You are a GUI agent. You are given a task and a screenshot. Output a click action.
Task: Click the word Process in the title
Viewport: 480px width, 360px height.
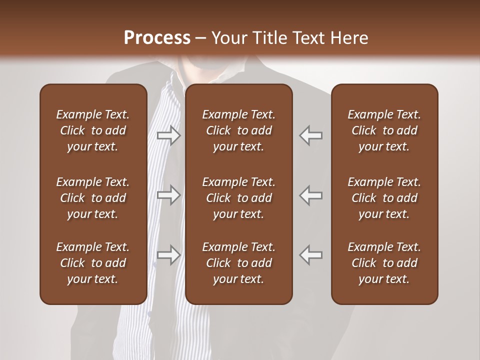157,38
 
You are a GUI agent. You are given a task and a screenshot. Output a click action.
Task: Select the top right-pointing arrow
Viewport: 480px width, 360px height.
168,135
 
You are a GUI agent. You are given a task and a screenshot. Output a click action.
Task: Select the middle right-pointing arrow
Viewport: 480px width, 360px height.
168,195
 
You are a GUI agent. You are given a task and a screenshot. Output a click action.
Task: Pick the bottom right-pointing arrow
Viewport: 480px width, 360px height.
168,254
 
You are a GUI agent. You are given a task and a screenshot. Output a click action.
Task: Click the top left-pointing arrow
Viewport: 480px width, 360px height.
310,135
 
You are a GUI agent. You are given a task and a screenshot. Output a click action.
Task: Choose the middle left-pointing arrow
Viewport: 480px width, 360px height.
310,195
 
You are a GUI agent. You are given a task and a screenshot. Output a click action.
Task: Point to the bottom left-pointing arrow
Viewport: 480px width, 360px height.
310,254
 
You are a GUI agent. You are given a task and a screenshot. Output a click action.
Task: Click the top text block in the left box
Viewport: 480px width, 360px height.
93,130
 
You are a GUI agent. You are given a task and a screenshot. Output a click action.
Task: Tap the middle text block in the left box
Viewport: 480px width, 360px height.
93,198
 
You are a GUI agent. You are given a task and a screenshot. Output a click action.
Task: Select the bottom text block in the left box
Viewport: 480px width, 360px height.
93,263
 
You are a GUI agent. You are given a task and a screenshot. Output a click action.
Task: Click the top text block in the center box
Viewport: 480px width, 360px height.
238,130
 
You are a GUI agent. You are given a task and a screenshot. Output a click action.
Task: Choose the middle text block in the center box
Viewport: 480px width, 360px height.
238,198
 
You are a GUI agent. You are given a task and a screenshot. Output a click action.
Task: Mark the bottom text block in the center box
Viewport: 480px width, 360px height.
238,263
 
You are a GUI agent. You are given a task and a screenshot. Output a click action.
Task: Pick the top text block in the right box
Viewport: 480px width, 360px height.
384,130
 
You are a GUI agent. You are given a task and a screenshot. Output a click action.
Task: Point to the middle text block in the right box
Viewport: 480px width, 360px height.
384,198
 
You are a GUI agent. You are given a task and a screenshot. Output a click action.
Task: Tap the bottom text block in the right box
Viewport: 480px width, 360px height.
384,263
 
